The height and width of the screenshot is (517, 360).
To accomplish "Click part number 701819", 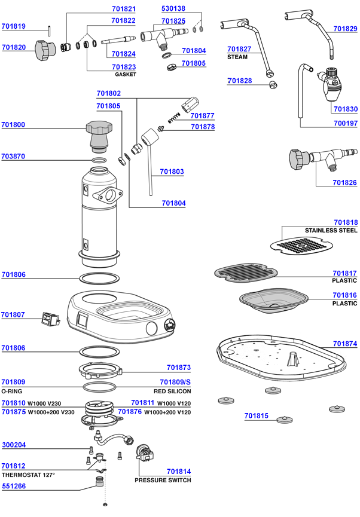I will point(13,26).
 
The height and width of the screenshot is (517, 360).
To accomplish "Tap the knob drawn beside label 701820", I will point(42,48).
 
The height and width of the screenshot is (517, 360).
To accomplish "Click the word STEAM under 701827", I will point(237,57).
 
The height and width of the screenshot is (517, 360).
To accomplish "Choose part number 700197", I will point(345,124).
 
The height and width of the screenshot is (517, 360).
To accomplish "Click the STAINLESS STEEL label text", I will point(331,230).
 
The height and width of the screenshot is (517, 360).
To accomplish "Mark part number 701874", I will point(345,344).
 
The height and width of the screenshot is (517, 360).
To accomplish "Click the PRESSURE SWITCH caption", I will point(163,480).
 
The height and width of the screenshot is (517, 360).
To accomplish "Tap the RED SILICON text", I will point(172,391).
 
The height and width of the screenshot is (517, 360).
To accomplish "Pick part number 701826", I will point(345,182).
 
